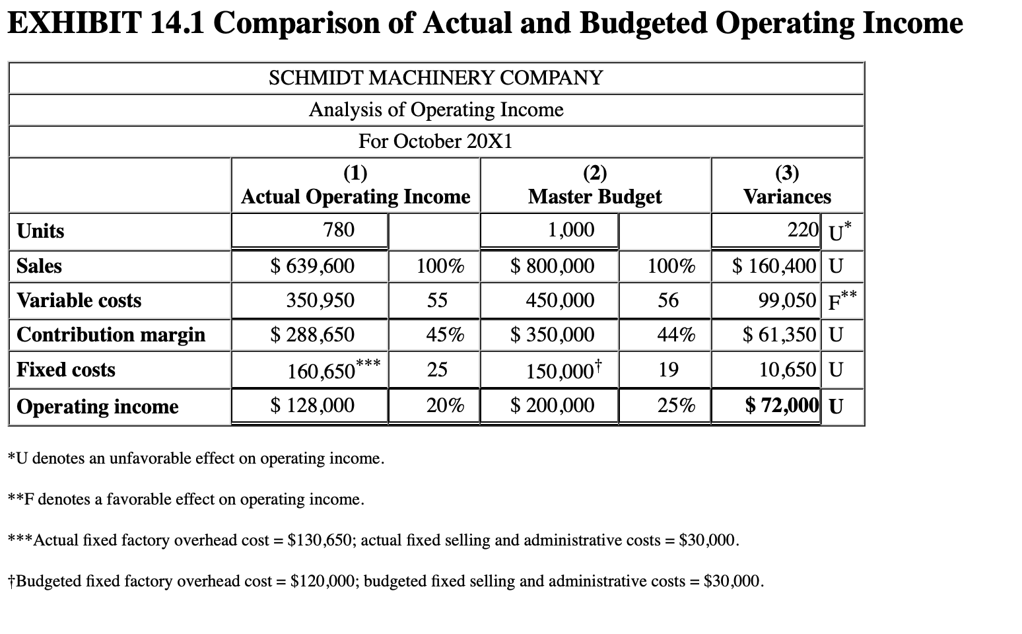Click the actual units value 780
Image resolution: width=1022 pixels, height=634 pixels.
(x=338, y=230)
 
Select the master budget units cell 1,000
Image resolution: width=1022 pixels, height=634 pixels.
(x=570, y=230)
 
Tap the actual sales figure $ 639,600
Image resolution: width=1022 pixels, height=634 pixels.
(x=312, y=266)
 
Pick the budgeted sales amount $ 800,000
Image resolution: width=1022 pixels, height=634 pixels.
(x=552, y=266)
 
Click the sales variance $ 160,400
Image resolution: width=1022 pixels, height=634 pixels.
(x=774, y=266)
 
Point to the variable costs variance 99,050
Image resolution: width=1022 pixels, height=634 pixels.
(x=787, y=300)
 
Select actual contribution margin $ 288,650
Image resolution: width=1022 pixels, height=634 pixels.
(x=312, y=335)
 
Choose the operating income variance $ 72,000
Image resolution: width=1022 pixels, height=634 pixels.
(x=782, y=405)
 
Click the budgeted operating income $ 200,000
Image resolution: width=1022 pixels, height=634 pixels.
(x=552, y=405)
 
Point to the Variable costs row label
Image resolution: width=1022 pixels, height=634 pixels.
(x=79, y=300)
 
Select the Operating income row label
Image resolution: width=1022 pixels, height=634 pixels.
(x=98, y=406)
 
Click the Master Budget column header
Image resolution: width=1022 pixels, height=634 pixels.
(x=595, y=196)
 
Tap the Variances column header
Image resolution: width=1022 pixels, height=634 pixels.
(x=787, y=196)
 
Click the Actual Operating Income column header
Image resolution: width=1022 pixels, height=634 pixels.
(x=355, y=196)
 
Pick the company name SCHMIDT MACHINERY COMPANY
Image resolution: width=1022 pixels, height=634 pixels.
(x=436, y=78)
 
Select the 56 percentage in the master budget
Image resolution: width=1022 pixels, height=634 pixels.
(x=668, y=300)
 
